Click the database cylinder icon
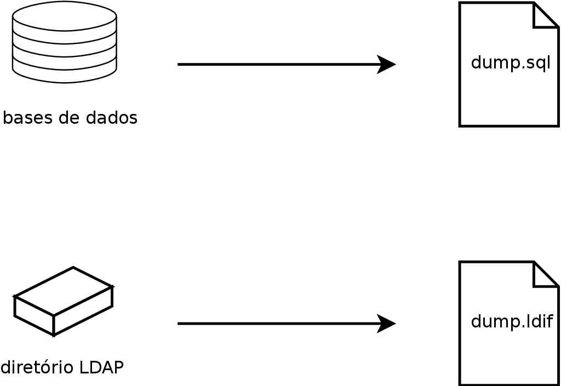click(64, 43)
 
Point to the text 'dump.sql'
click(510, 63)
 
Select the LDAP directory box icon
click(63, 301)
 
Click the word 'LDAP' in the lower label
click(101, 367)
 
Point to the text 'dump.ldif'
click(512, 321)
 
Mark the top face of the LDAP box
click(64, 291)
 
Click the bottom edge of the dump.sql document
click(508, 126)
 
